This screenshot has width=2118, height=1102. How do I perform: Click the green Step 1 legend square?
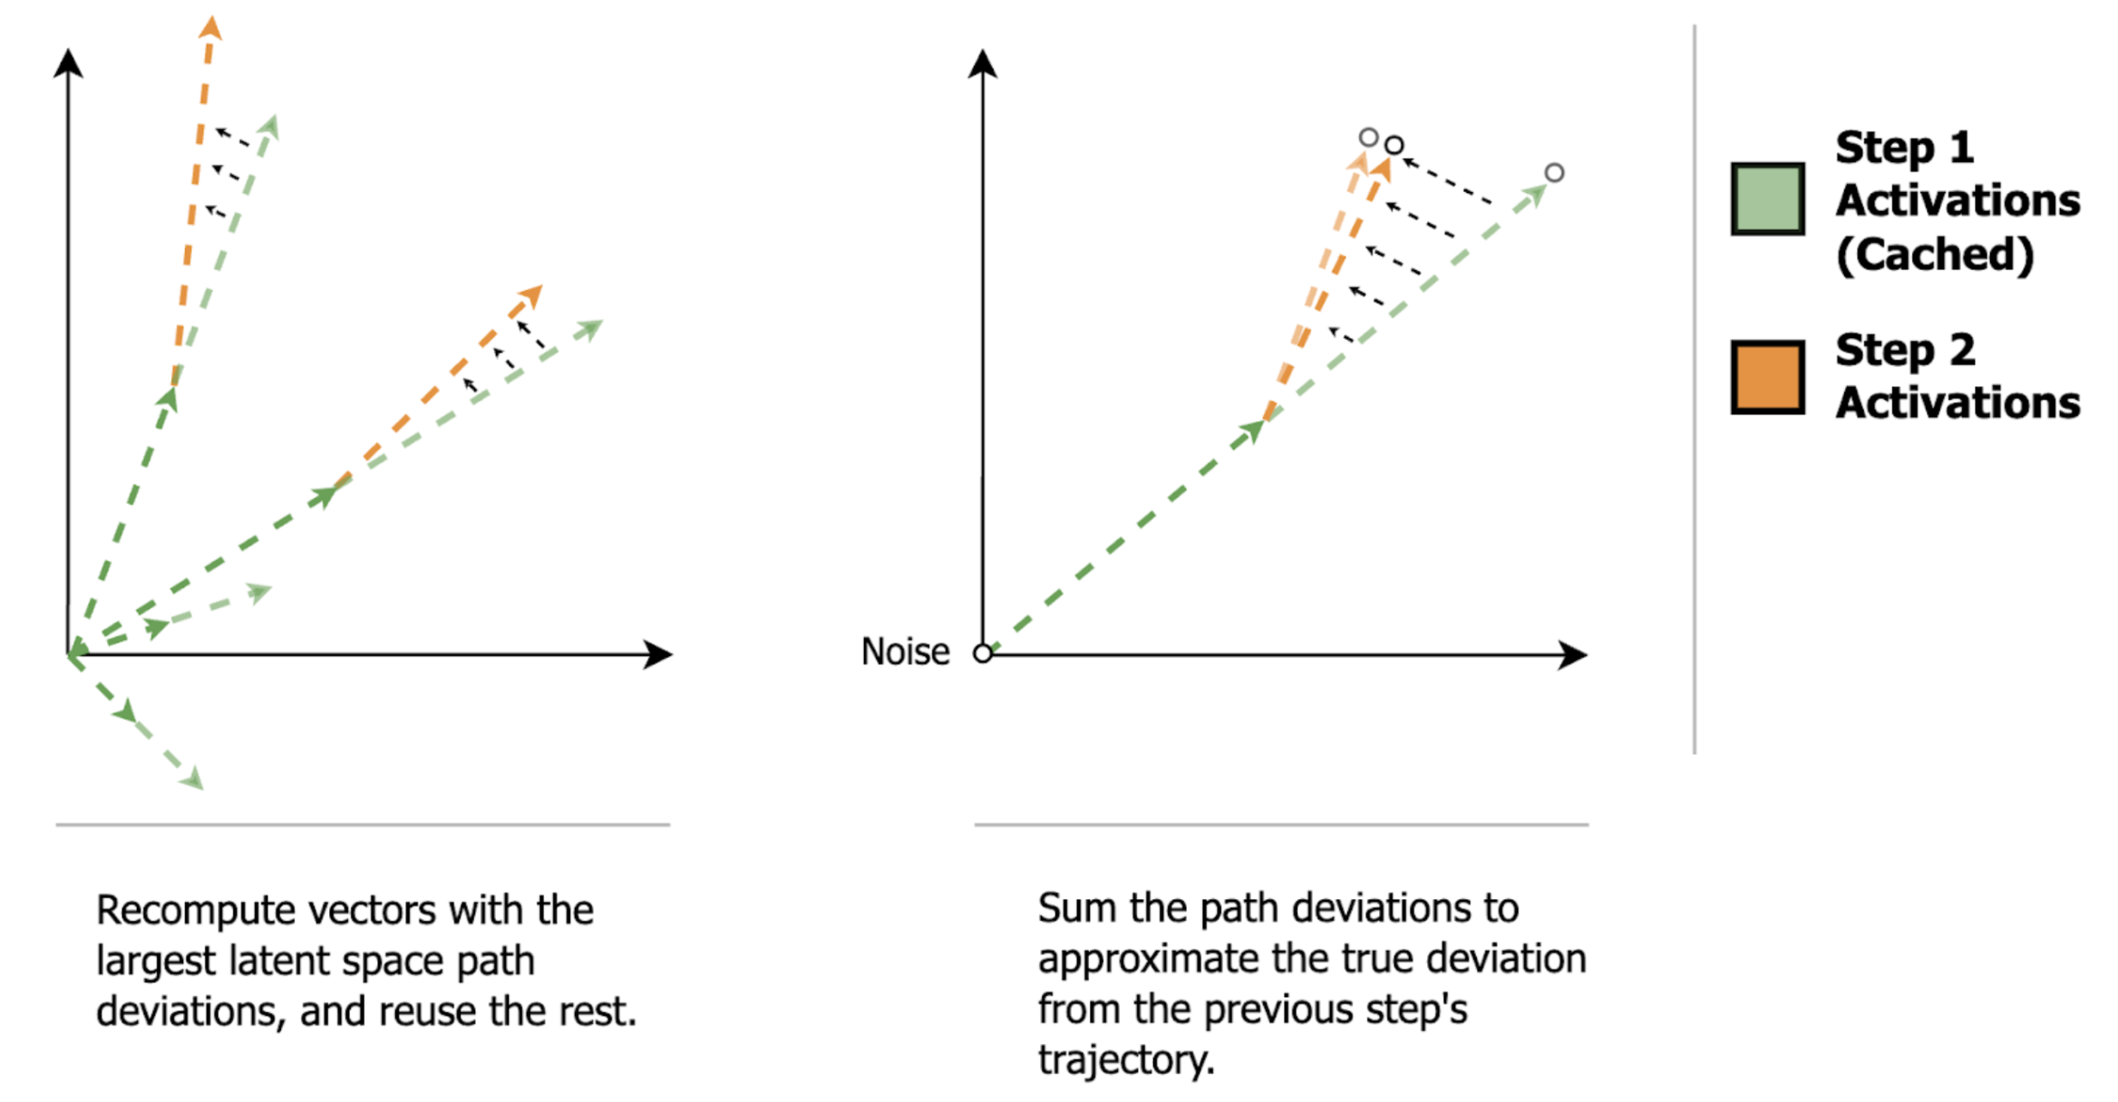tap(1766, 198)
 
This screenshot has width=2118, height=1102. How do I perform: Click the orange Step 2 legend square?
tap(1766, 377)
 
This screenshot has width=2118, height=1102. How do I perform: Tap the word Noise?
tap(904, 652)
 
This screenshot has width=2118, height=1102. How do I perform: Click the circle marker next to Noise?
tap(982, 652)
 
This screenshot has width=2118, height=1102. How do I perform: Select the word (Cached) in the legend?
tap(1934, 254)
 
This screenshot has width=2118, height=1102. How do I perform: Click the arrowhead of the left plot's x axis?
tap(659, 653)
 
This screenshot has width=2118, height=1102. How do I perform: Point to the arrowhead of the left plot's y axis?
tap(68, 63)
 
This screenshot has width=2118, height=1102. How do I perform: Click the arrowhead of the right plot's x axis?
tap(1574, 653)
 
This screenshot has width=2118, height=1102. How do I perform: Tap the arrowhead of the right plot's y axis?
tap(982, 63)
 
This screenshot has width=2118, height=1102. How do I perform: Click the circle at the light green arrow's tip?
tap(1553, 172)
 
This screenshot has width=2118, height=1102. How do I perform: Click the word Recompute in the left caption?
tap(195, 910)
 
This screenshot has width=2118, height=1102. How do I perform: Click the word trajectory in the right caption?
tap(1125, 1059)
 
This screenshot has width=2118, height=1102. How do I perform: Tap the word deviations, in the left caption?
tap(190, 1011)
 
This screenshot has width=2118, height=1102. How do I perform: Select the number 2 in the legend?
tap(1962, 350)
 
